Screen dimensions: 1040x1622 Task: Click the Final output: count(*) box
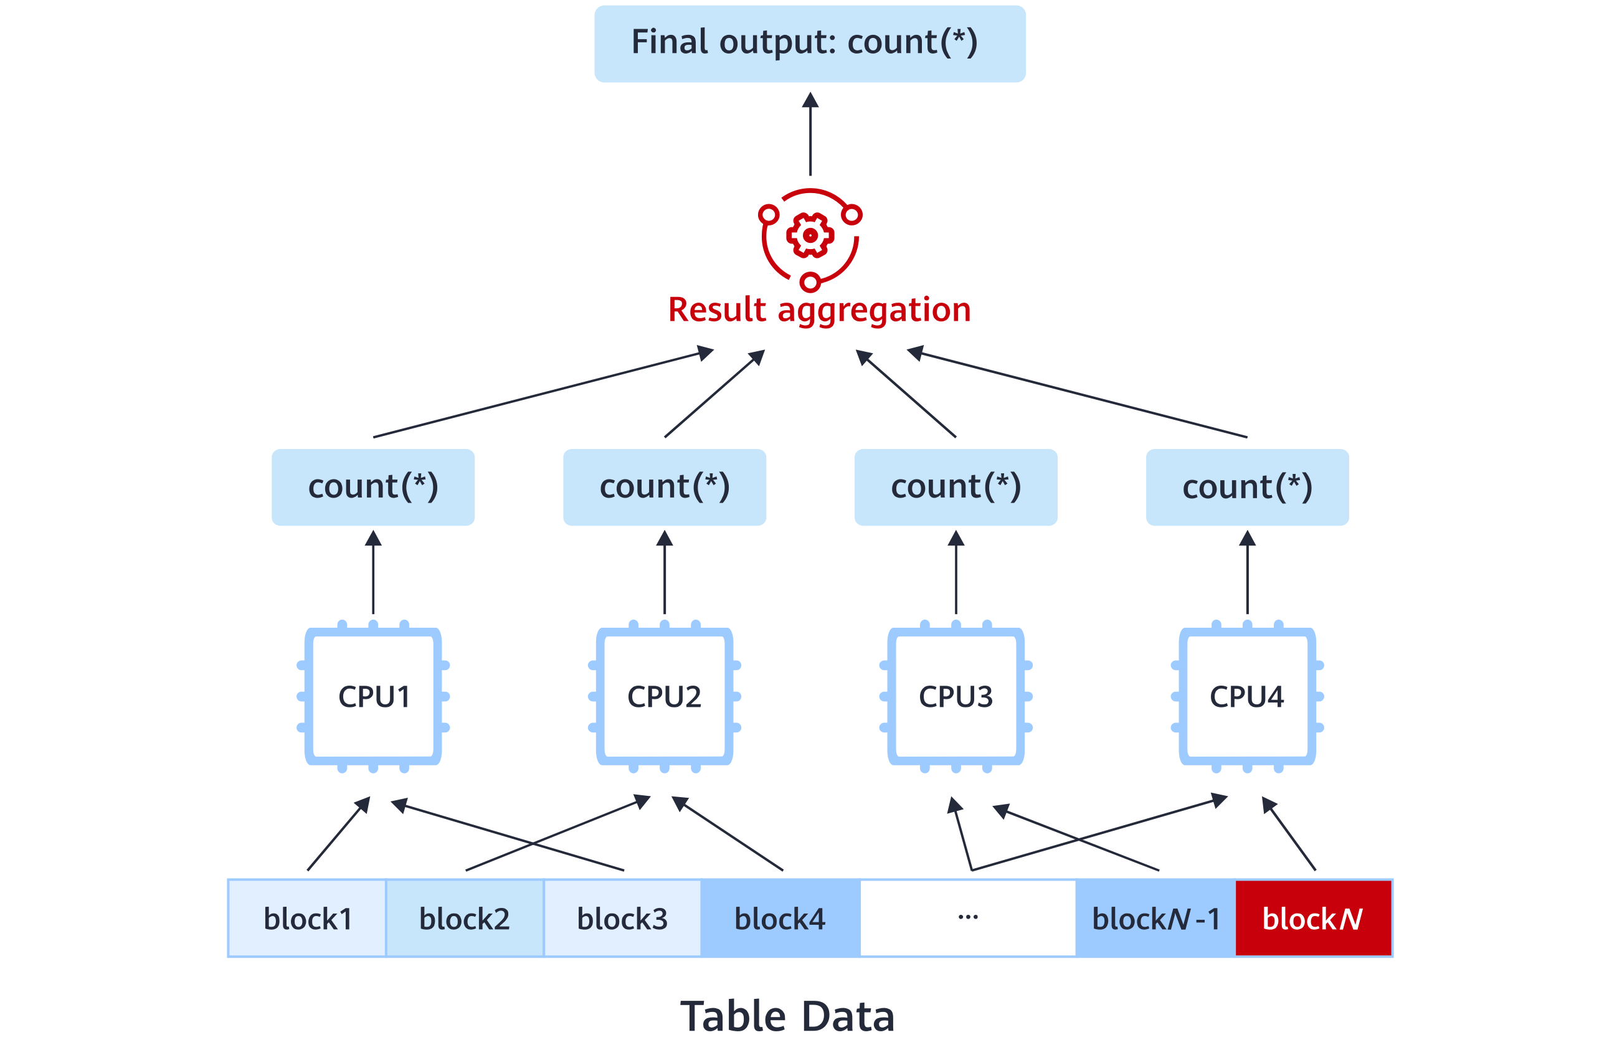[x=810, y=43]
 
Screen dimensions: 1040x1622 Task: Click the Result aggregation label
[x=819, y=310]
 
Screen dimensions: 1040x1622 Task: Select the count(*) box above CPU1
[x=372, y=487]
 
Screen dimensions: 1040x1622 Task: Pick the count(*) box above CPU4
[x=1247, y=487]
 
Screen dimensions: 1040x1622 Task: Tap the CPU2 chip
[x=665, y=696]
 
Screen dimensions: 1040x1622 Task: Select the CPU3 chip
[x=956, y=696]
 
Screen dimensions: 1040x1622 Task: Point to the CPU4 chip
[x=1247, y=696]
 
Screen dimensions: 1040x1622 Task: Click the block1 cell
[x=307, y=919]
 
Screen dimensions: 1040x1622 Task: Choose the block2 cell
[x=465, y=919]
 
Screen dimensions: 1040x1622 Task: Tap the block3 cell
[x=622, y=919]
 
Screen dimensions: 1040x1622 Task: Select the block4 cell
[x=780, y=919]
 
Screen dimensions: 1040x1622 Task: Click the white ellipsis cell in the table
[x=968, y=919]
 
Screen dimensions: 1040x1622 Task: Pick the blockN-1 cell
[x=1155, y=919]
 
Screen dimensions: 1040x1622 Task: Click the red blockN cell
[x=1312, y=919]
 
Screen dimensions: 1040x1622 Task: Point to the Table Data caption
[x=787, y=1016]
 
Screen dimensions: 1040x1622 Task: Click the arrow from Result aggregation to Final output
[x=810, y=135]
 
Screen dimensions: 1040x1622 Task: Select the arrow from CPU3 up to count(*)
[x=956, y=574]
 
